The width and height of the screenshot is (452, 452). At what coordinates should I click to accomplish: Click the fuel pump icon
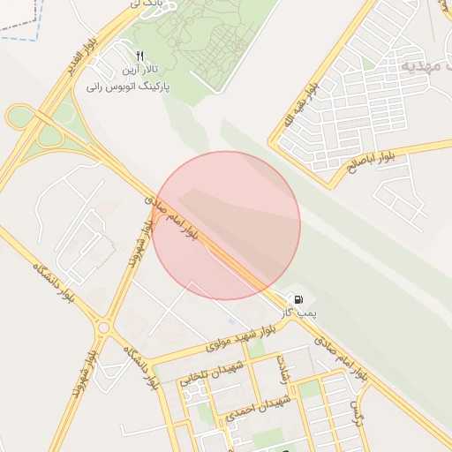point(298,300)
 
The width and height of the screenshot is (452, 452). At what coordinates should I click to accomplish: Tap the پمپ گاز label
point(298,313)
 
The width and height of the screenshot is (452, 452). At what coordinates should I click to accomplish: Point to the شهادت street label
point(282,371)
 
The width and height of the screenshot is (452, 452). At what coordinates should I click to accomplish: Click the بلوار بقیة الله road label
point(299,107)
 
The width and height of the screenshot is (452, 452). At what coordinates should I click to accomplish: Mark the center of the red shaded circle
point(226,225)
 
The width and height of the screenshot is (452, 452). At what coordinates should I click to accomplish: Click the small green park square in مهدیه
point(368,64)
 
